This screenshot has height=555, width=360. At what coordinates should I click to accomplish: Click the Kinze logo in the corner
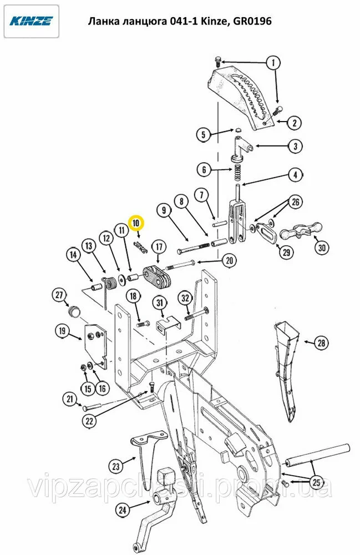pyautogui.click(x=31, y=21)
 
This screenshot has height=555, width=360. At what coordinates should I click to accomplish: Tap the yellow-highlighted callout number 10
pyautogui.click(x=136, y=223)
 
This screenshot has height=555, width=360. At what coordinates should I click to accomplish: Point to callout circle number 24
pyautogui.click(x=123, y=510)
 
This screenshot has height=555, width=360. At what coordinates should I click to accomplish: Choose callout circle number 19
pyautogui.click(x=63, y=331)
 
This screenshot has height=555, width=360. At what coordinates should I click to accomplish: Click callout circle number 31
pyautogui.click(x=160, y=303)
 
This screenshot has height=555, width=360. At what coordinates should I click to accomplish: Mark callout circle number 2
pyautogui.click(x=295, y=123)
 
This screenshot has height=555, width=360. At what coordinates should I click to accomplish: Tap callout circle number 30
pyautogui.click(x=322, y=248)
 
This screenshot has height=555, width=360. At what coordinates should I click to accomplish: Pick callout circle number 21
pyautogui.click(x=70, y=400)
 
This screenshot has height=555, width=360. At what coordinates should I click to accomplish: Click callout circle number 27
pyautogui.click(x=59, y=295)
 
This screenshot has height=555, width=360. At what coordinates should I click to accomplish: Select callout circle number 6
pyautogui.click(x=204, y=169)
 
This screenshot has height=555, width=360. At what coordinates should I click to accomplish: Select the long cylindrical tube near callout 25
pyautogui.click(x=317, y=456)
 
